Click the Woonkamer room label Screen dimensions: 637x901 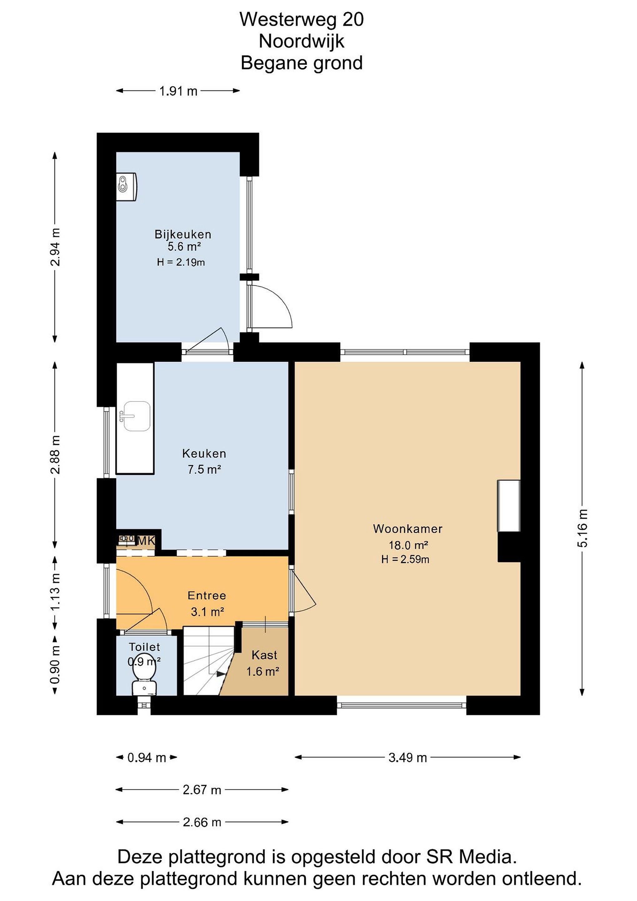tap(407, 529)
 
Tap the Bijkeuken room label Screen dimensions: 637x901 tap(183, 234)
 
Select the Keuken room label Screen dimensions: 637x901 tap(204, 454)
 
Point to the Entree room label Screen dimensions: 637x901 tap(207, 595)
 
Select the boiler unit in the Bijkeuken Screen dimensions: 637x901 tap(126, 187)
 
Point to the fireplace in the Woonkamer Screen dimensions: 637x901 tap(509, 506)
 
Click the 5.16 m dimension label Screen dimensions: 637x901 tap(583, 528)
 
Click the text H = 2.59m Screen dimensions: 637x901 tap(405, 560)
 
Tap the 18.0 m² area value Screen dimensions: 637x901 tap(408, 545)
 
